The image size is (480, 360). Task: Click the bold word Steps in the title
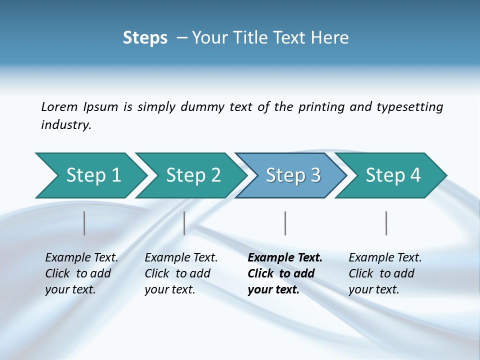click(145, 38)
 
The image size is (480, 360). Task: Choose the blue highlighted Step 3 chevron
click(293, 175)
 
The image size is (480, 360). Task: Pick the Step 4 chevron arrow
click(393, 175)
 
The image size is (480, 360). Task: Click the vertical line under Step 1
click(84, 223)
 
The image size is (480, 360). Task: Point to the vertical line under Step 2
click(184, 223)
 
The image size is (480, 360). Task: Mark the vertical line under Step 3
click(285, 223)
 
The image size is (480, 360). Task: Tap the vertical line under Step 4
click(386, 223)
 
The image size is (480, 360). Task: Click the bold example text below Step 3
click(284, 273)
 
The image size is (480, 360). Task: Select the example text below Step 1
click(81, 273)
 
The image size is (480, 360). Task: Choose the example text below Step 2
click(181, 273)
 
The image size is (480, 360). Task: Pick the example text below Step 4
click(385, 273)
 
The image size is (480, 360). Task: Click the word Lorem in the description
click(59, 107)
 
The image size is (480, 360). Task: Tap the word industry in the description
click(66, 125)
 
